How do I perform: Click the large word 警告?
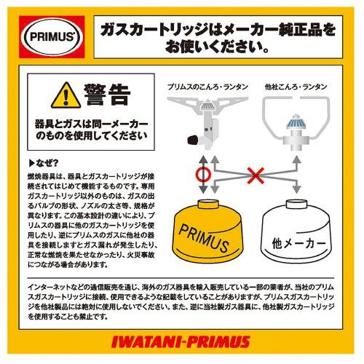(x=106, y=95)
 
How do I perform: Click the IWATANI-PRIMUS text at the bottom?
(x=182, y=341)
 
